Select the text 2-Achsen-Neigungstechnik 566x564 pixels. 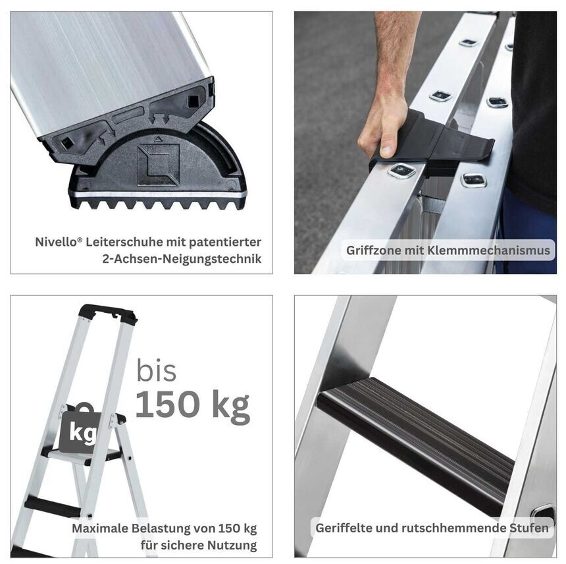point(182,259)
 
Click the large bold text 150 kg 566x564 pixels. point(192,405)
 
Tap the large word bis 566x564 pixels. point(156,370)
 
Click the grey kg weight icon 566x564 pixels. point(80,429)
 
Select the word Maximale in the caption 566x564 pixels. point(100,528)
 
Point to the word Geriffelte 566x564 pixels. point(344,528)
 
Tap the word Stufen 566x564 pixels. point(529,528)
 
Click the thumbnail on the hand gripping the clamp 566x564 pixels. point(386,149)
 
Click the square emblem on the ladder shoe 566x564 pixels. point(158,165)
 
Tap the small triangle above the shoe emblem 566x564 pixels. point(157,138)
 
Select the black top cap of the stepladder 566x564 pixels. point(108,314)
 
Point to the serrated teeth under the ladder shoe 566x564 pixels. point(157,204)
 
